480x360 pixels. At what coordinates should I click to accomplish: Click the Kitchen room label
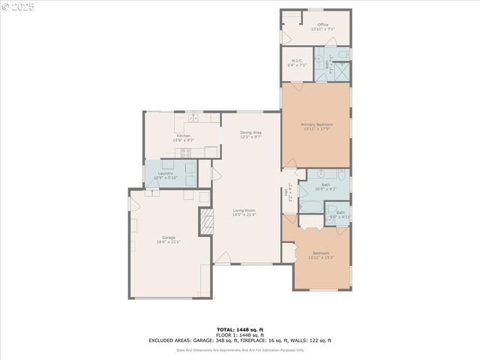point(184,136)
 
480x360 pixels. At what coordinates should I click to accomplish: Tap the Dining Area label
point(250,133)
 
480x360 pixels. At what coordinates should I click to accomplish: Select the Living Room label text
point(244,210)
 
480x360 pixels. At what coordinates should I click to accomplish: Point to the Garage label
point(168,238)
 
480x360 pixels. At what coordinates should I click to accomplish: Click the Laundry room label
point(166,174)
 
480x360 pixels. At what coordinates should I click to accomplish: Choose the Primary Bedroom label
point(316,124)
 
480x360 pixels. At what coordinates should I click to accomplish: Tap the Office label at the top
point(322,25)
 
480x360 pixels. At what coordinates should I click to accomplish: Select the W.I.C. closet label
point(297,61)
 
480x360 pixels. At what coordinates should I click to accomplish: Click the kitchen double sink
point(193,117)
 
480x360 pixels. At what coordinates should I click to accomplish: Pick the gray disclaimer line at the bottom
point(240,349)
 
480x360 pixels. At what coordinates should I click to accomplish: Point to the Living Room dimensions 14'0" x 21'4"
point(244,214)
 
